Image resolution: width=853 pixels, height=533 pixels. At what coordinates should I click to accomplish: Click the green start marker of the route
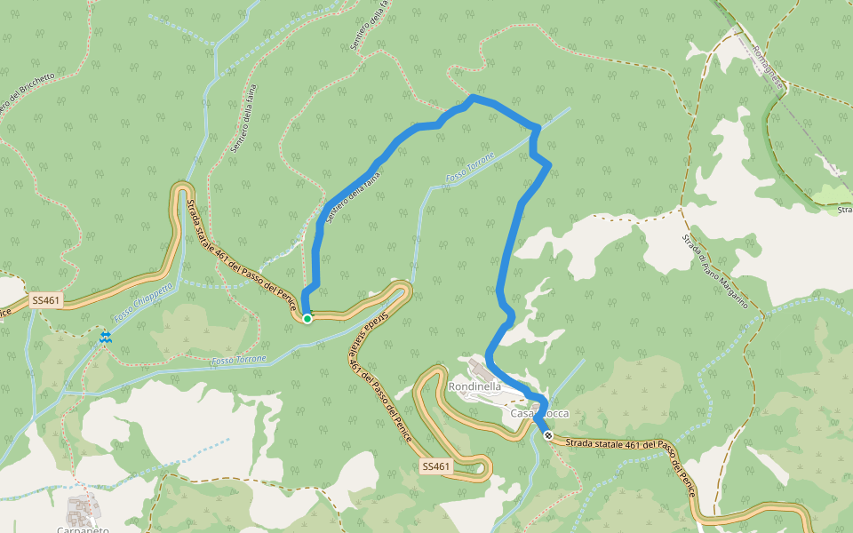[x=307, y=318]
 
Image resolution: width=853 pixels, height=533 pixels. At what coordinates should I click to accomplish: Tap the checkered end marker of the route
[x=548, y=435]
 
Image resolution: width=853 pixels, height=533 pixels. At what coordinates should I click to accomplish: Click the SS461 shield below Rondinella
[x=436, y=465]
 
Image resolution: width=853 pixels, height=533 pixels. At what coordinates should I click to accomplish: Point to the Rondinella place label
[x=474, y=386]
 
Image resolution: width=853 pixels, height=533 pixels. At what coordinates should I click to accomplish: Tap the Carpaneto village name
[x=83, y=529]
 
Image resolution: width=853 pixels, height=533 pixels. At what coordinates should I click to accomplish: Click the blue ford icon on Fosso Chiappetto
[x=106, y=337]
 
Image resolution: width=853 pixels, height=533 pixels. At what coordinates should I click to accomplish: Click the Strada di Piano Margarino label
[x=721, y=272]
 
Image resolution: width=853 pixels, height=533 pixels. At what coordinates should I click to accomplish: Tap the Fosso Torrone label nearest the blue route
[x=469, y=168]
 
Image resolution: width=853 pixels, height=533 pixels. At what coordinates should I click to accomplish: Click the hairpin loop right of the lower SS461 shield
[x=484, y=467]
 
